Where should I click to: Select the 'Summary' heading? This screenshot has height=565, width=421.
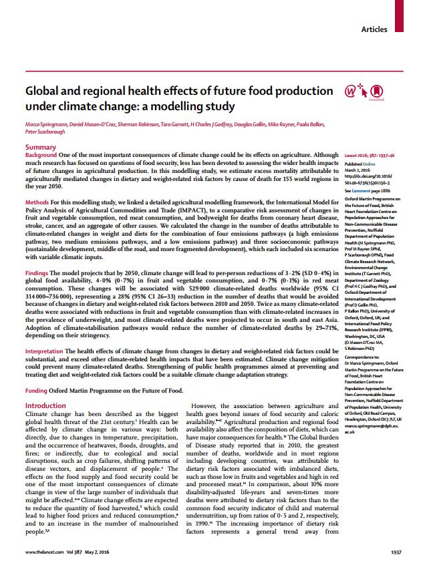41,146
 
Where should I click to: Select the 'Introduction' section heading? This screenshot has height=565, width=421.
45,406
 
